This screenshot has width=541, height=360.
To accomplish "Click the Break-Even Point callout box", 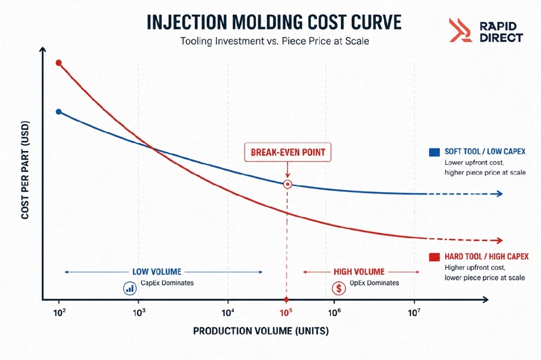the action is coord(287,152).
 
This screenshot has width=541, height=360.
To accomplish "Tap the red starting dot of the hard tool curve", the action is coord(58,63).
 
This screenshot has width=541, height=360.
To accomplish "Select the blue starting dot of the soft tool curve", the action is coord(58,112).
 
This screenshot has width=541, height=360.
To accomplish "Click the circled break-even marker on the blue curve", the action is coord(287,184).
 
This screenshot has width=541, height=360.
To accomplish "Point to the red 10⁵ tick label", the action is coord(286,313).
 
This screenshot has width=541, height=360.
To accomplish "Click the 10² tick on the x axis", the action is coord(60,313).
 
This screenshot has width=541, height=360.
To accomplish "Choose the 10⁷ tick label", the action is coord(414,313).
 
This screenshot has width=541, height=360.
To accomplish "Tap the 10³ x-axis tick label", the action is coord(138,313).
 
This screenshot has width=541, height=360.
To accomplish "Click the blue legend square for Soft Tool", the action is coord(434,152).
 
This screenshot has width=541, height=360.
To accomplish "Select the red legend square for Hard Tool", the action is coord(434,257).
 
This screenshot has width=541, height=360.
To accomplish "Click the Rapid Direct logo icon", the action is coord(460,30).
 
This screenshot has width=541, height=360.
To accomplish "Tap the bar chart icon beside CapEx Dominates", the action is coord(130,288).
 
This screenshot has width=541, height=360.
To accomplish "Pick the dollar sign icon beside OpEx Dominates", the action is coord(339,288).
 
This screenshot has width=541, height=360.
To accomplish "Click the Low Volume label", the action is coord(157,272).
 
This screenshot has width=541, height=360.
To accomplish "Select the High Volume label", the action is coord(359,272).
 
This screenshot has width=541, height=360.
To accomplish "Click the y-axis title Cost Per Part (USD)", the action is coord(25,170).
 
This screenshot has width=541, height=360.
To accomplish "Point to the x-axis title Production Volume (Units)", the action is coord(261,331).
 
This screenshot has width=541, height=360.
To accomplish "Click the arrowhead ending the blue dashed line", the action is coord(499,194).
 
